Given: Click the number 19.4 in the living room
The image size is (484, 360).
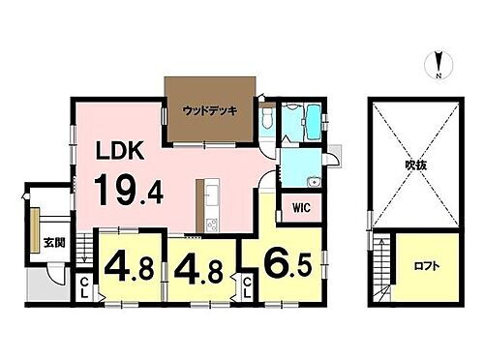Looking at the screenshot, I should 128,189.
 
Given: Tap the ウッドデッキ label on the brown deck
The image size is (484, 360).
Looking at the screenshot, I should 209,109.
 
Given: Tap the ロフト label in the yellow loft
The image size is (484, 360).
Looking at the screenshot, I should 424,264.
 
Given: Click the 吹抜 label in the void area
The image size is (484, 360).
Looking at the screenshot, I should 416,165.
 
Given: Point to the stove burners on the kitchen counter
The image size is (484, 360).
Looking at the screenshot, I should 211,227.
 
